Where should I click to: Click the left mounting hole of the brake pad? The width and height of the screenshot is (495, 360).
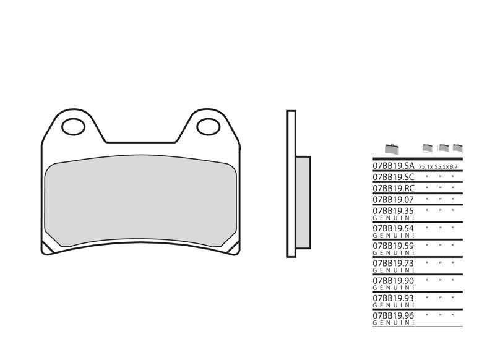click(x=73, y=127)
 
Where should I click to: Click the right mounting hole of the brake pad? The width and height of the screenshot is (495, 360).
click(x=208, y=127)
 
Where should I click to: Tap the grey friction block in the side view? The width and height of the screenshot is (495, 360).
click(x=303, y=202)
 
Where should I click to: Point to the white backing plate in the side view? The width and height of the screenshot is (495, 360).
click(x=291, y=184)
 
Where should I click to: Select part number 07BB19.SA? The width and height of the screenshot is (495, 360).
click(x=393, y=166)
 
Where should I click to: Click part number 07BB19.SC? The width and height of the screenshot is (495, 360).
click(x=393, y=177)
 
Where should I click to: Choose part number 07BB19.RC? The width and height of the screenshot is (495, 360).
click(x=393, y=188)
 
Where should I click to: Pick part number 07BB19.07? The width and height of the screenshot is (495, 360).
click(x=393, y=200)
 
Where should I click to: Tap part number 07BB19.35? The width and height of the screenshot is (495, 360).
click(x=393, y=211)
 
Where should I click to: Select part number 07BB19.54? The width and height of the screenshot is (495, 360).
click(x=393, y=228)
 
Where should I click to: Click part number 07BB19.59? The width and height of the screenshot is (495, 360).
click(x=393, y=246)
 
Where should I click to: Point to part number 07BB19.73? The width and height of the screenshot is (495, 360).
click(x=393, y=263)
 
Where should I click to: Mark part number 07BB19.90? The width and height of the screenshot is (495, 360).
click(x=393, y=281)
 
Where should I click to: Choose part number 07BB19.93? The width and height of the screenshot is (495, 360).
click(x=393, y=298)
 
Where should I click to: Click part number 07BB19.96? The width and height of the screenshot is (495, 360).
click(x=393, y=315)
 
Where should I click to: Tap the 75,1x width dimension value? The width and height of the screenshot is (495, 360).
click(x=425, y=168)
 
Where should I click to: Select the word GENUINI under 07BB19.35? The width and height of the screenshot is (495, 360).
click(x=393, y=218)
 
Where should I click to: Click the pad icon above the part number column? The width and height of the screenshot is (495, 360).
click(x=392, y=148)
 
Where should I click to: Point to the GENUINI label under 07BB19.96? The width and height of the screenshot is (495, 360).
click(x=393, y=322)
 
